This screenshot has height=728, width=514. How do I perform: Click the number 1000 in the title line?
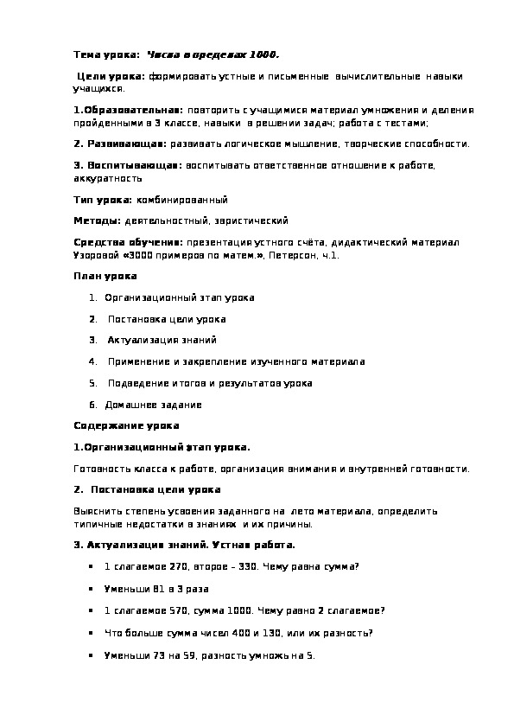click(x=263, y=54)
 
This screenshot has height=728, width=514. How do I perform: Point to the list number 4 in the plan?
click(x=92, y=361)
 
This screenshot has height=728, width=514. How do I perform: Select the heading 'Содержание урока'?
click(x=126, y=425)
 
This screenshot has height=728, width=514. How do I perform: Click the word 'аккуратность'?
click(x=108, y=178)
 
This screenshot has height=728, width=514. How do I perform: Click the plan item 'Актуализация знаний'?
click(x=162, y=340)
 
